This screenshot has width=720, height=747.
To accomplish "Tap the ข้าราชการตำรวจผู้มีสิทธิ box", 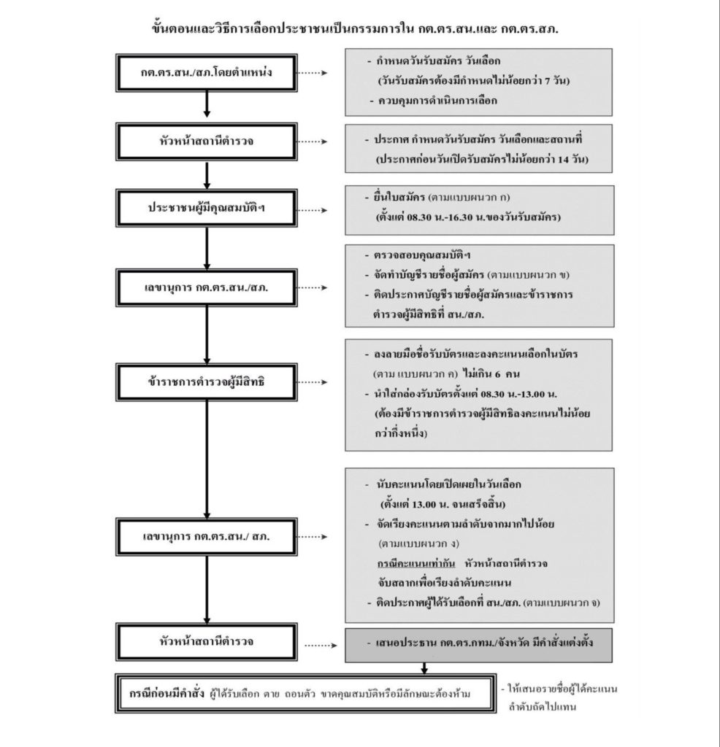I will [207, 381].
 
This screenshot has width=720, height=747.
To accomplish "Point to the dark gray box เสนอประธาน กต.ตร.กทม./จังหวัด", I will [478, 646].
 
